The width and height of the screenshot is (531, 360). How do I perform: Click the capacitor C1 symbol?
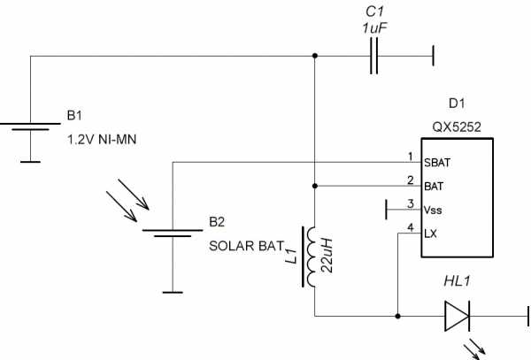(x=375, y=57)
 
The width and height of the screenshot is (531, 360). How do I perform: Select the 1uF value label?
(x=375, y=28)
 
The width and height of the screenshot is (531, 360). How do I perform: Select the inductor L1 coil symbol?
(x=313, y=257)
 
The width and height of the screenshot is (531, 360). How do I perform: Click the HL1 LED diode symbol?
(x=457, y=315)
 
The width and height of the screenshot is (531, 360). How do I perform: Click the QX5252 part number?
(x=457, y=127)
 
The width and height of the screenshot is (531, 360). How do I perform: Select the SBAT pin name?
(x=437, y=163)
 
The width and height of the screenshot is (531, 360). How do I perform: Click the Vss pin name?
(x=434, y=210)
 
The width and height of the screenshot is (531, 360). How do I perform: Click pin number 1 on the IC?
(x=410, y=157)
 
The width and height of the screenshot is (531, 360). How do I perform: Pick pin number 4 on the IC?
(x=410, y=227)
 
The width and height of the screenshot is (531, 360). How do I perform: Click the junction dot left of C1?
(x=315, y=57)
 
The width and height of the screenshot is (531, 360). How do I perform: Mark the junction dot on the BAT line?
(x=315, y=187)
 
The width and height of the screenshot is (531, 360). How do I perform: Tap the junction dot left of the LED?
(x=399, y=315)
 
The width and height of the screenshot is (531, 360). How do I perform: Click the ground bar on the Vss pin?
(x=389, y=210)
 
